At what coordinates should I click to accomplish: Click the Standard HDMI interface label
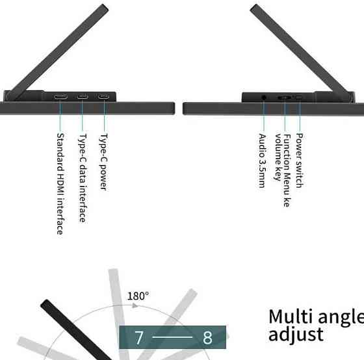click(x=60, y=184)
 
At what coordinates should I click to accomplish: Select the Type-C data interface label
click(x=83, y=178)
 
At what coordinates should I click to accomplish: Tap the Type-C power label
click(x=103, y=162)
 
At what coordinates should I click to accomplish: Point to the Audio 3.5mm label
click(x=262, y=161)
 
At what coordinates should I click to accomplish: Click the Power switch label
click(x=300, y=161)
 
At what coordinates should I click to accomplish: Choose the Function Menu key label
click(x=287, y=170)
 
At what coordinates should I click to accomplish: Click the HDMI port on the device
click(x=60, y=97)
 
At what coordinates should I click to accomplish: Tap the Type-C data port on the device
click(x=83, y=97)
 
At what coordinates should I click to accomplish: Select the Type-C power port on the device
click(x=103, y=97)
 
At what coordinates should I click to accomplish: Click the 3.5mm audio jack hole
click(x=263, y=97)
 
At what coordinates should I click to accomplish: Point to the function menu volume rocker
click(x=285, y=97)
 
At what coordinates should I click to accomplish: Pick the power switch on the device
click(x=299, y=97)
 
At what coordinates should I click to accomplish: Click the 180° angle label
click(x=138, y=296)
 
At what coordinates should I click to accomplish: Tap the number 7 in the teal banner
click(x=139, y=337)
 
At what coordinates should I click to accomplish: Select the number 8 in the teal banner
click(x=207, y=337)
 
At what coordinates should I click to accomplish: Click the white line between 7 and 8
click(x=173, y=337)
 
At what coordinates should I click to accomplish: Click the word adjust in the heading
click(x=296, y=334)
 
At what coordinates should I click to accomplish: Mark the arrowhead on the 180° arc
click(x=135, y=305)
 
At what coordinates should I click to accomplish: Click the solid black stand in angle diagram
click(x=76, y=330)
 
